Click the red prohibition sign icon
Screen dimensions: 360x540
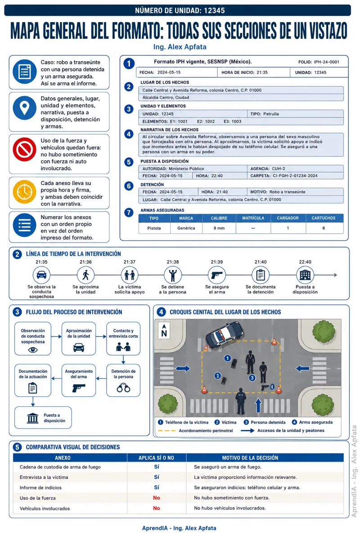click(x=24, y=149)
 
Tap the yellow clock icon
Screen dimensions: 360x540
click(x=24, y=192)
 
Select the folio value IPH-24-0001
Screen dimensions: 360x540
click(x=327, y=62)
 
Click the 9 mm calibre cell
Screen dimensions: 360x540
click(x=219, y=228)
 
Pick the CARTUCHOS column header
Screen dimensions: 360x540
click(x=324, y=218)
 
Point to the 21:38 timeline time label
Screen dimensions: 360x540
click(x=173, y=262)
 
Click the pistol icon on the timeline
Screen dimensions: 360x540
click(x=217, y=275)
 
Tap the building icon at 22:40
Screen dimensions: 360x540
click(x=305, y=275)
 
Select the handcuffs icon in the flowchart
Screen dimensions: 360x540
click(x=123, y=388)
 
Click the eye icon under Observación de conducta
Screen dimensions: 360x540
click(x=33, y=350)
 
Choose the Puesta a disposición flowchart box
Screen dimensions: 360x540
click(x=43, y=418)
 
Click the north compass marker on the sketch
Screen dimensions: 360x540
click(x=164, y=331)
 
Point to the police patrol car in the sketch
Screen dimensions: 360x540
click(x=225, y=334)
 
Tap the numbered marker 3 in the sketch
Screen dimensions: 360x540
click(x=252, y=378)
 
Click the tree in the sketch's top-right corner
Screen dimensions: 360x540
click(x=324, y=332)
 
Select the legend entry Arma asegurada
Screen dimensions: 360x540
click(x=312, y=422)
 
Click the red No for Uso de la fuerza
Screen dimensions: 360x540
click(x=157, y=498)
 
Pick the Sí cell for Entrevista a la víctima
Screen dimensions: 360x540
click(x=157, y=477)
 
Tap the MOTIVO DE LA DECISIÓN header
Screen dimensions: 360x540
click(x=250, y=458)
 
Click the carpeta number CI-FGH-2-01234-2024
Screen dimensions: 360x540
click(x=295, y=176)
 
